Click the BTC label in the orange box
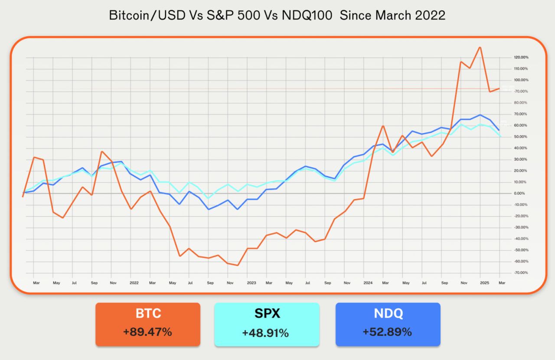[x=148, y=313]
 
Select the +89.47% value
[x=148, y=332]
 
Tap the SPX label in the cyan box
[x=267, y=314]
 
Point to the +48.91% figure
[x=266, y=333]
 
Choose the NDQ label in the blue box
[x=388, y=313]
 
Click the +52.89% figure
[x=388, y=332]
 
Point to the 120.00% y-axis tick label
[x=509, y=58]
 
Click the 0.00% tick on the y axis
[x=509, y=193]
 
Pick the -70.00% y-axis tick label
[x=509, y=272]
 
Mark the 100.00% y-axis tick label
[x=509, y=80]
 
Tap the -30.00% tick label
[x=509, y=227]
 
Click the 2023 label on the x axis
[x=251, y=283]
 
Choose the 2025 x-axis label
[x=484, y=283]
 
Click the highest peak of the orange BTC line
[x=480, y=47]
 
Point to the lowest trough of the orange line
[x=238, y=265]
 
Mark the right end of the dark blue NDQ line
[x=499, y=130]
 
